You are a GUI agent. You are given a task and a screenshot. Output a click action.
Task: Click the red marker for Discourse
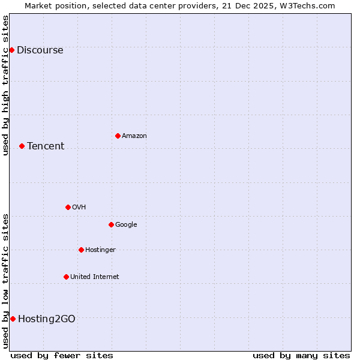coord(11,50)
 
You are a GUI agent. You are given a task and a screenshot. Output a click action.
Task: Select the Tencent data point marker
coord(22,146)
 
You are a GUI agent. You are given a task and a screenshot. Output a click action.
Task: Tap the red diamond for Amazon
coord(118,136)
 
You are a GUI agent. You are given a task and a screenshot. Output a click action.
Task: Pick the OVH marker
coord(68,207)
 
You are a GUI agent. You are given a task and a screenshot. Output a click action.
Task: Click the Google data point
coord(111,224)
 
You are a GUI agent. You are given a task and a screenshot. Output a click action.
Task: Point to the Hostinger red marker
coord(81,250)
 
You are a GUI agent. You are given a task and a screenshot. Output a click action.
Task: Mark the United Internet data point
coord(66,277)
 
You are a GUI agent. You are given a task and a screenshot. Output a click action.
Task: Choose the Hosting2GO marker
coord(13,319)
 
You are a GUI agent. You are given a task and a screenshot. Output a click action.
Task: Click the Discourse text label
coord(40,50)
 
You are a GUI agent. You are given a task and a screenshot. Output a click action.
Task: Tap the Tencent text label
coord(46,146)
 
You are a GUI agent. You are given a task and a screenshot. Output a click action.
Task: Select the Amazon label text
coord(134,136)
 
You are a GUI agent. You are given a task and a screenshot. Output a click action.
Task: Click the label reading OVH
coord(79,208)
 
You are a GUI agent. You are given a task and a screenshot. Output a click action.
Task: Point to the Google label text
coord(126,225)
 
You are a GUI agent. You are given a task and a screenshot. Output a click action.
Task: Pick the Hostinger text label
coord(100,250)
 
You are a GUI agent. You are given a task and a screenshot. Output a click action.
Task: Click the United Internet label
coord(95,277)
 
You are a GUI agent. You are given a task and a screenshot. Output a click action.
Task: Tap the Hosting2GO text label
coord(47,319)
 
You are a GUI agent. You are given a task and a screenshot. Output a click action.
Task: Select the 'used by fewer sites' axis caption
coord(62,355)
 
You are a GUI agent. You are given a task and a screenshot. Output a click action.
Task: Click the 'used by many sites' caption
coord(301,355)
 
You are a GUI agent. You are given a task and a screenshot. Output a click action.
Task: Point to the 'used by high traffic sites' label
coord(6,85)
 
